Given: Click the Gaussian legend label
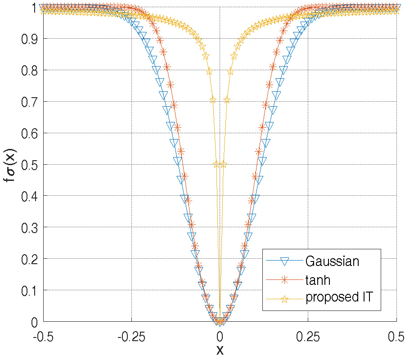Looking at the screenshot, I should pyautogui.click(x=332, y=261).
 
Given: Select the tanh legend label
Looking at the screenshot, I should pyautogui.click(x=318, y=280).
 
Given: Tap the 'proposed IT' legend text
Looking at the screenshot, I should pyautogui.click(x=339, y=298).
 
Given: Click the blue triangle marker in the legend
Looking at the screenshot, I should pyautogui.click(x=284, y=261).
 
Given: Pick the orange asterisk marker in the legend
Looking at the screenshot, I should pyautogui.click(x=284, y=279).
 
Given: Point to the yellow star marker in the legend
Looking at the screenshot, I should pyautogui.click(x=284, y=298).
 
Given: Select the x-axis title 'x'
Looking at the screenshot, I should pyautogui.click(x=220, y=350).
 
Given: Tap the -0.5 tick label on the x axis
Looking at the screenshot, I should pyautogui.click(x=43, y=335).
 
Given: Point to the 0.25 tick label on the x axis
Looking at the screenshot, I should pyautogui.click(x=308, y=335).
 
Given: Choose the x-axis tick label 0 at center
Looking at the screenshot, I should pyautogui.click(x=220, y=335).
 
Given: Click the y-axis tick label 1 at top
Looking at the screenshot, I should pyautogui.click(x=33, y=8).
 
